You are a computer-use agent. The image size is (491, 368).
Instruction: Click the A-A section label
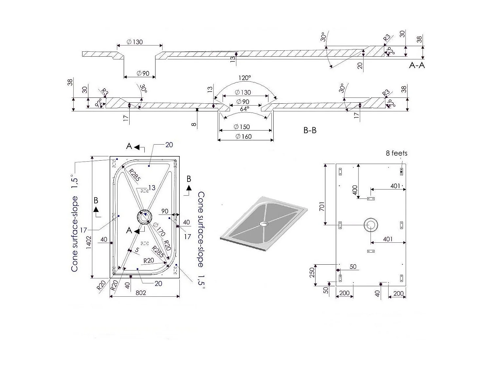click(x=417, y=65)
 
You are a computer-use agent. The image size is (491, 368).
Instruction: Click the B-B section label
click(x=310, y=130)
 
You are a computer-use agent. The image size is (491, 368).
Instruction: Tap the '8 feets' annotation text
click(x=396, y=153)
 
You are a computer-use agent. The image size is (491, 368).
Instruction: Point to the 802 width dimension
click(x=141, y=293)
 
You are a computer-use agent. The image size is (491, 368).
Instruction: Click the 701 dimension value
click(x=322, y=206)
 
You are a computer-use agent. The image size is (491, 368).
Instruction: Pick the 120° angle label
click(x=245, y=78)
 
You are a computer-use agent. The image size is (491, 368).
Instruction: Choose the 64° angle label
click(x=245, y=109)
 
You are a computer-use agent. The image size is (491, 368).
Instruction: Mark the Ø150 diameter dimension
click(x=242, y=127)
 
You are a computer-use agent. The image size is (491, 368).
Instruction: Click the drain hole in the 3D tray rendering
click(x=263, y=224)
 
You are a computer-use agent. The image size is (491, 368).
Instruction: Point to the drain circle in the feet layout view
click(x=371, y=225)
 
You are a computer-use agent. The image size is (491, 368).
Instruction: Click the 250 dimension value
click(x=312, y=272)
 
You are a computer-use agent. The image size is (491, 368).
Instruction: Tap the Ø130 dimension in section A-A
click(x=134, y=42)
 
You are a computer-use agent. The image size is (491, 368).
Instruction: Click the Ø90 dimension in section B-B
click(x=243, y=102)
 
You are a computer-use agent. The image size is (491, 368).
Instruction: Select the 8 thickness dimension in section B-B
click(x=194, y=124)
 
